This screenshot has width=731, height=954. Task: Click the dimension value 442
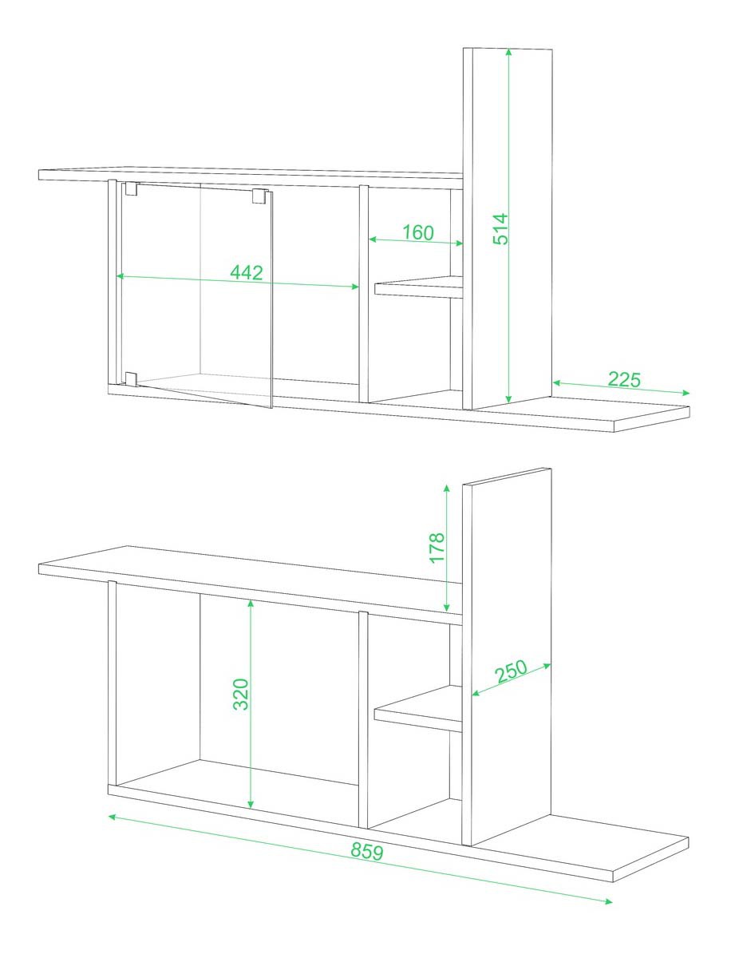[247, 272]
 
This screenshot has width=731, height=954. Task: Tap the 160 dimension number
[418, 232]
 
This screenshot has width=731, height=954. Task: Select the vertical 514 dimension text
[500, 229]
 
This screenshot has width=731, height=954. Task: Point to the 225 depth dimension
[624, 380]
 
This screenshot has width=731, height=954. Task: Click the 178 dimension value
[437, 548]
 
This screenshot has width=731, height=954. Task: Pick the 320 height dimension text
[242, 694]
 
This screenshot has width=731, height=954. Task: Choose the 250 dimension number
[510, 672]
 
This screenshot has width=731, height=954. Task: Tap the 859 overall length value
[367, 852]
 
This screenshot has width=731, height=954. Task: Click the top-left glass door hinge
[132, 189]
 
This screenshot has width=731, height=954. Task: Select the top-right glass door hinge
[260, 196]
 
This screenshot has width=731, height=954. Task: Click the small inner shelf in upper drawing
[419, 287]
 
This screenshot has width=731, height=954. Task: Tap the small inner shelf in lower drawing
[419, 709]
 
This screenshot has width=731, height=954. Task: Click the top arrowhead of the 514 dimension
[508, 53]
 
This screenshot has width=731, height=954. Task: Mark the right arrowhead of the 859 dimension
[608, 901]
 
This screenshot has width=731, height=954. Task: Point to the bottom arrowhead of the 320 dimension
[251, 805]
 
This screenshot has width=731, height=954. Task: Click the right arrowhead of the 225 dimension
[686, 393]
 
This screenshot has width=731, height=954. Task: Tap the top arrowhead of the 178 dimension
[447, 489]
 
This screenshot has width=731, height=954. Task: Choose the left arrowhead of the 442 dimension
[121, 275]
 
